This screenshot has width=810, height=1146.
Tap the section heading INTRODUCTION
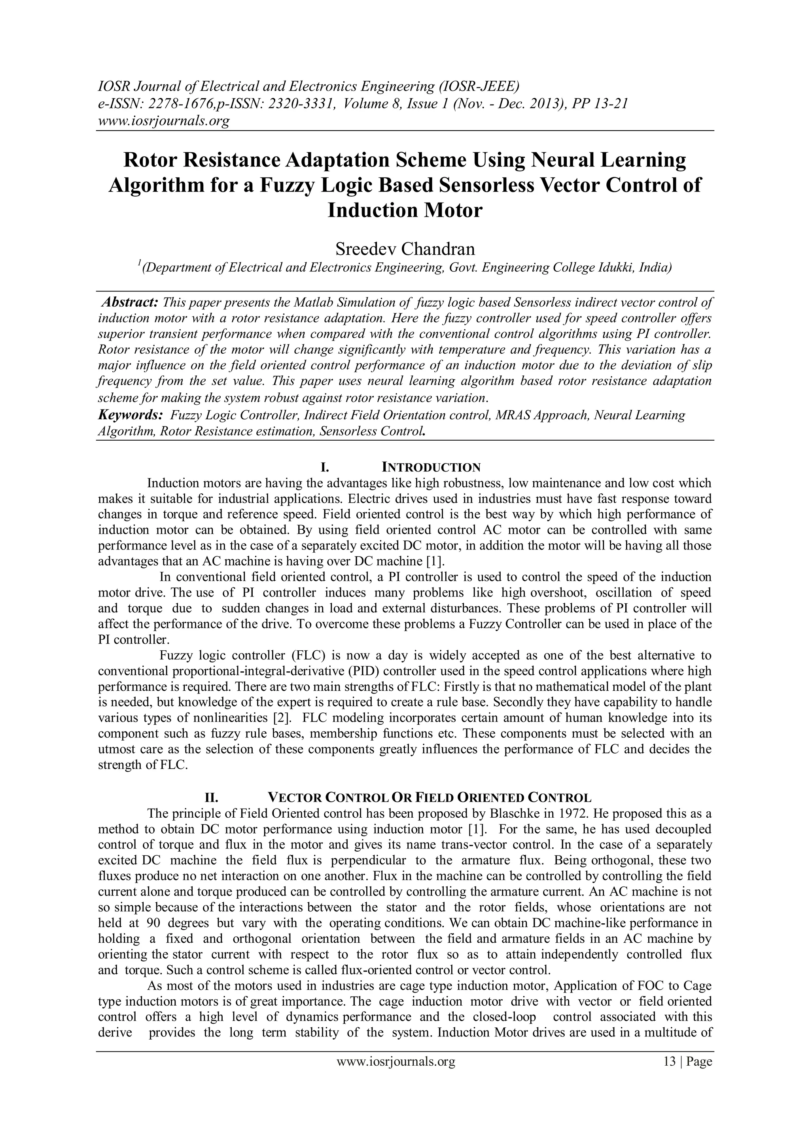(x=431, y=468)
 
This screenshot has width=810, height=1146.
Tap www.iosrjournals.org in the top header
(x=163, y=121)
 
